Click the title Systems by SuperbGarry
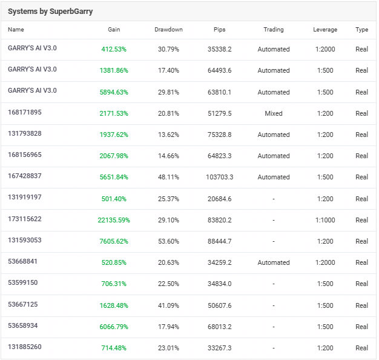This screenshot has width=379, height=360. click(50, 12)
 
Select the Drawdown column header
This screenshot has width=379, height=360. click(168, 30)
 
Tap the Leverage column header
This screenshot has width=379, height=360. click(325, 30)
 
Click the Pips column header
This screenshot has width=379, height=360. click(220, 30)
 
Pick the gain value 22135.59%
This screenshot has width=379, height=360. click(114, 220)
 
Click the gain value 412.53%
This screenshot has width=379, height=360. click(114, 49)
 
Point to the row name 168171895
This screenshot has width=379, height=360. click(25, 112)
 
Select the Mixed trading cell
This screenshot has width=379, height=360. click(274, 113)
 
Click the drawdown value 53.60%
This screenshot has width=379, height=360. click(168, 241)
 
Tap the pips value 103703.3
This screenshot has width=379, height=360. click(220, 178)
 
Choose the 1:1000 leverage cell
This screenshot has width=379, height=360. click(325, 220)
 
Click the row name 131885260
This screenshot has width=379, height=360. click(25, 347)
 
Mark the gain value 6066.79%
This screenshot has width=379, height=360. click(114, 327)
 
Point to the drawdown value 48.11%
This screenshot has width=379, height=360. click(168, 178)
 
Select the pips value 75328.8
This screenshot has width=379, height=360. click(220, 135)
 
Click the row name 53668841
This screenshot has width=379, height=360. click(22, 262)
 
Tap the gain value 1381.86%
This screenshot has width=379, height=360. click(114, 71)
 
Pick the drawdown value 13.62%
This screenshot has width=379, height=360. click(168, 135)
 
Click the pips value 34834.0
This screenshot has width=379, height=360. click(220, 284)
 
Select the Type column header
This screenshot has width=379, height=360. click(362, 30)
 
